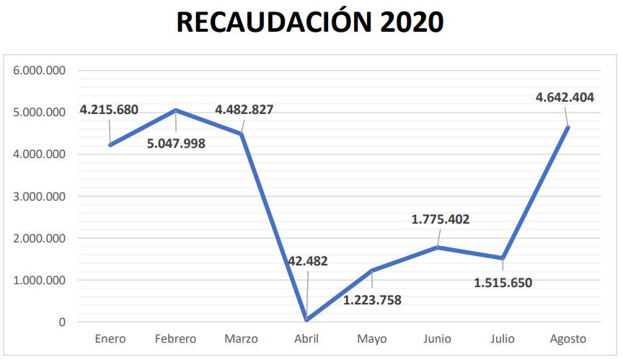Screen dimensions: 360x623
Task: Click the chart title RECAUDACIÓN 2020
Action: pos(310,22)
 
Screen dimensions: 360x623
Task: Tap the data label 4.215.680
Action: pos(109,110)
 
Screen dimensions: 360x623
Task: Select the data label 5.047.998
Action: pos(176,143)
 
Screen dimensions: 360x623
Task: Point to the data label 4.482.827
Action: pos(244,110)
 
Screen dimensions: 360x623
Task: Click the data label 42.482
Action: pos(306,261)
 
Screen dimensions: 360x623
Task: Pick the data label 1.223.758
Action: pos(372,300)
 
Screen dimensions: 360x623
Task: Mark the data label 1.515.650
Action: pos(503,282)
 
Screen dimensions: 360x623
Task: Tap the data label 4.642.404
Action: pos(565,97)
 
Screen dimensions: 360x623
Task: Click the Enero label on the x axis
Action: pos(110,338)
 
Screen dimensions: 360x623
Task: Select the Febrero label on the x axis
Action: pos(175,338)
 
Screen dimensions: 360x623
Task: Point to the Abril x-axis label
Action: pos(306,338)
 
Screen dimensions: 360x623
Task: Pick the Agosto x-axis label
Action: pos(567,338)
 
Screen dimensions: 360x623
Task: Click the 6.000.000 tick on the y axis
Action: pos(40,71)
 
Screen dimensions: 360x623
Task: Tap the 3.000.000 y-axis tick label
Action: pos(40,196)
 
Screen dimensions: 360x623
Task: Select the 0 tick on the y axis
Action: pos(63,322)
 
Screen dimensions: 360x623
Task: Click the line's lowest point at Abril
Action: pos(306,320)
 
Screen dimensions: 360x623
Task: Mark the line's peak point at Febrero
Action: pos(176,110)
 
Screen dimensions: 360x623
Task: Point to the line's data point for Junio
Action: pos(437,247)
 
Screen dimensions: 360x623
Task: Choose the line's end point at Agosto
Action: pos(567,128)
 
